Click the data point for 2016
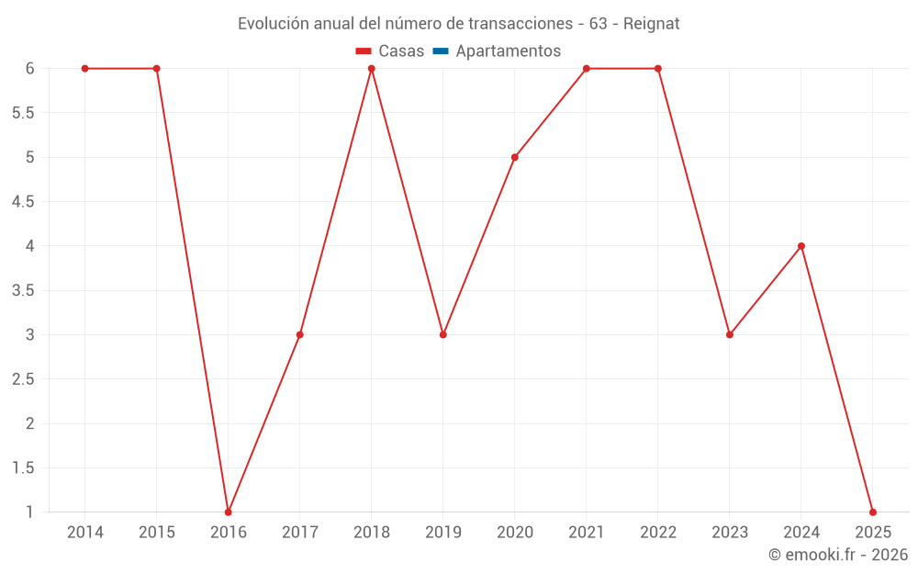click(x=229, y=512)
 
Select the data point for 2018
click(x=372, y=69)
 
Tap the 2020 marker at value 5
click(x=515, y=157)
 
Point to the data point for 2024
click(x=801, y=246)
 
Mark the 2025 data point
click(x=873, y=512)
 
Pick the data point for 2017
click(x=300, y=334)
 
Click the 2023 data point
click(x=730, y=334)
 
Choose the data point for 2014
click(x=85, y=69)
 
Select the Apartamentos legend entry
click(x=508, y=51)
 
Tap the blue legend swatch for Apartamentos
click(x=441, y=51)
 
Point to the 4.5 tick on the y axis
click(x=23, y=202)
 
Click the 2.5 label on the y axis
click(x=23, y=379)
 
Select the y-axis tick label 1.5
click(x=23, y=467)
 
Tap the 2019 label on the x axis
click(x=443, y=533)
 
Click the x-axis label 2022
click(x=658, y=533)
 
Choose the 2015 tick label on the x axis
click(x=157, y=533)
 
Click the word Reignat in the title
click(x=651, y=24)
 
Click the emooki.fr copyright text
click(x=838, y=555)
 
